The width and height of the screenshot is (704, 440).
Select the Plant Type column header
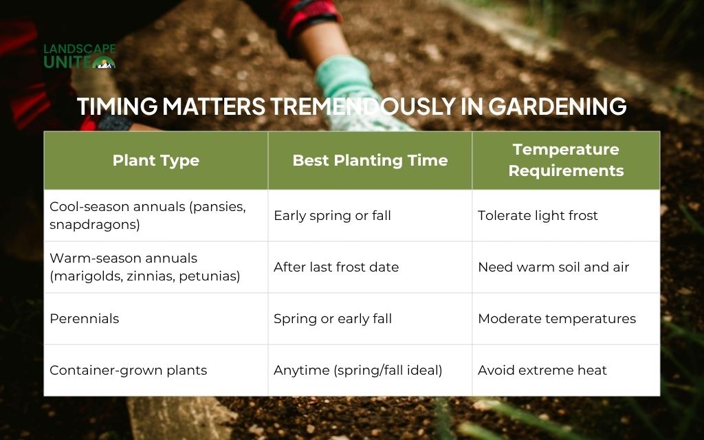(156, 160)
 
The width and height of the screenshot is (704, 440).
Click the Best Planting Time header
(370, 160)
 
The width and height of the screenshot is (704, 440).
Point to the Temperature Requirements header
(566, 160)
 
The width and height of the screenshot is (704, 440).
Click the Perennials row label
(84, 318)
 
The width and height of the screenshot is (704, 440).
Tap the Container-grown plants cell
(128, 370)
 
